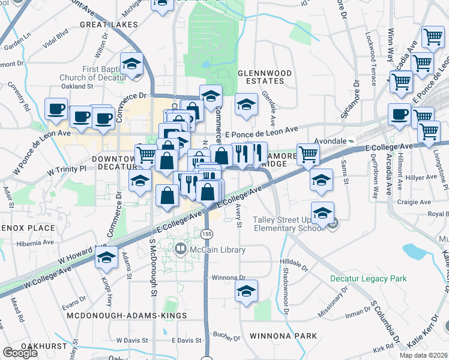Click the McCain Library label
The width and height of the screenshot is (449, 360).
(217, 250)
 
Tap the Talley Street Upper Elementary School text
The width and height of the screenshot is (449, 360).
(285, 223)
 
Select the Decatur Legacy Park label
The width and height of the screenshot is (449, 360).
(368, 279)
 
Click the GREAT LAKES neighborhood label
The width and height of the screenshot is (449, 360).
(109, 25)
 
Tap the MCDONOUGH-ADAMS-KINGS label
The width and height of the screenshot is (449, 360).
(127, 315)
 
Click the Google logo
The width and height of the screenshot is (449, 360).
(20, 353)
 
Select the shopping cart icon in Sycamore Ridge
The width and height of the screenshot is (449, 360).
(308, 155)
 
